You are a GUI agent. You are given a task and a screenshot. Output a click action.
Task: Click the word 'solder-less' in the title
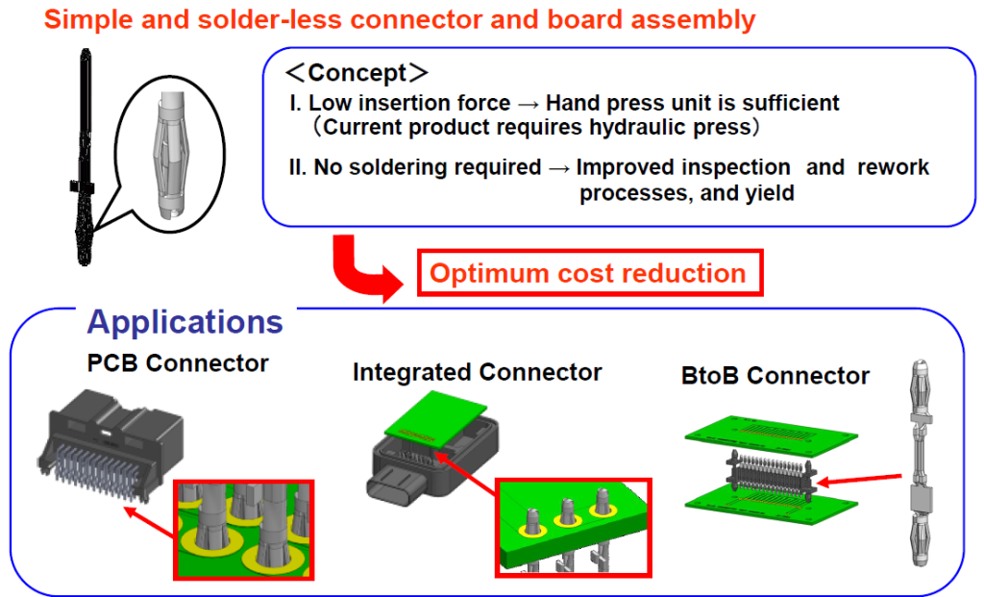[270, 19]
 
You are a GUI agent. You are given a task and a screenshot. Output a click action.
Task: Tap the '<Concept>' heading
[357, 73]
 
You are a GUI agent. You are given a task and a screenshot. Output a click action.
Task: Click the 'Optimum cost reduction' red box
[590, 273]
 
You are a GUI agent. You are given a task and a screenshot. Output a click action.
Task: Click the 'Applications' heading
[185, 323]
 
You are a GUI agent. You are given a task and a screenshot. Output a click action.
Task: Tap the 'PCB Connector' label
[178, 363]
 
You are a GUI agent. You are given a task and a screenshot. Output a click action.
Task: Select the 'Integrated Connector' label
[477, 372]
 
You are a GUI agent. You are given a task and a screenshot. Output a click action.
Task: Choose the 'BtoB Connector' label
[775, 375]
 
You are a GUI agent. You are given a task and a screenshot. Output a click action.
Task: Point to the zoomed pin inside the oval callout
[169, 155]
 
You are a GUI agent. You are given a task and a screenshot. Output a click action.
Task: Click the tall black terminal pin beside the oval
[85, 157]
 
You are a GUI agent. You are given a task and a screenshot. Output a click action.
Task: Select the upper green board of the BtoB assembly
[771, 435]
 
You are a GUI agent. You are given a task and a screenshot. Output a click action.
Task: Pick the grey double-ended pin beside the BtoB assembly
[921, 462]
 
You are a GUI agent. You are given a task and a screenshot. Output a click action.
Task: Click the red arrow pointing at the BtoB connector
[860, 480]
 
